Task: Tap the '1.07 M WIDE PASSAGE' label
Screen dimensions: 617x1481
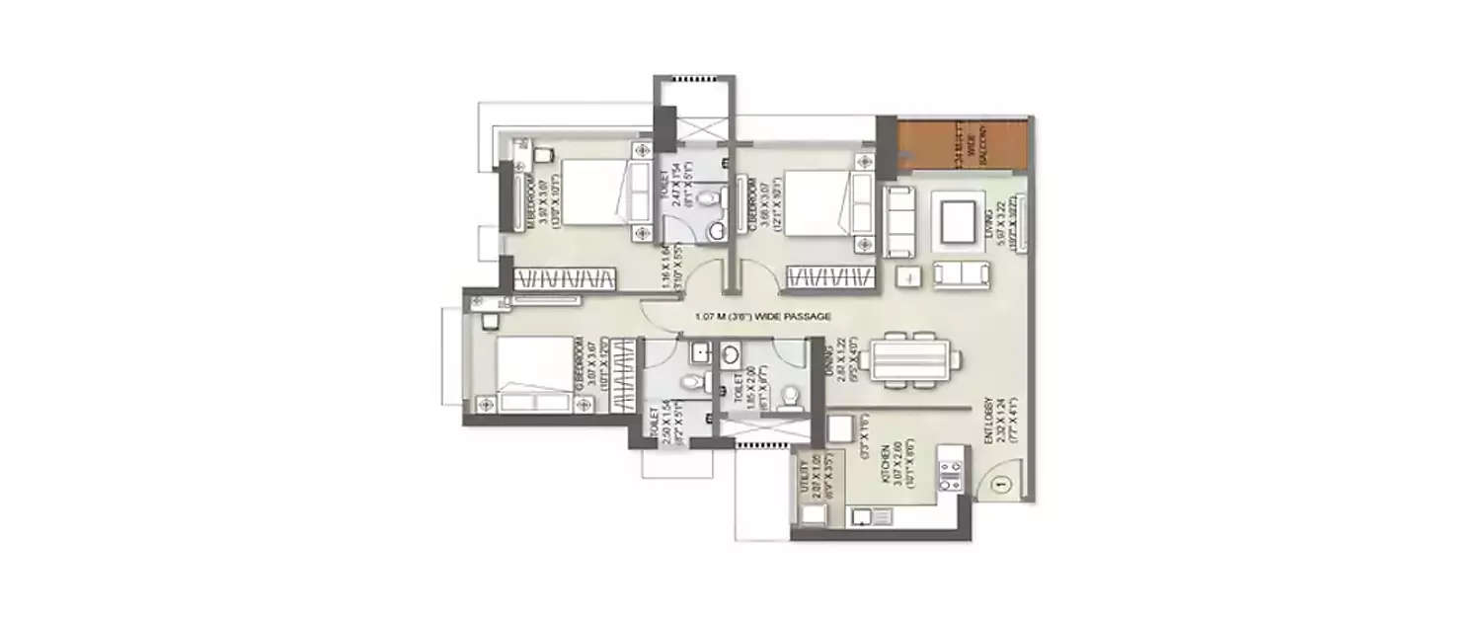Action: coord(763,317)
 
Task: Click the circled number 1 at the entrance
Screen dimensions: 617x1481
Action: coord(999,485)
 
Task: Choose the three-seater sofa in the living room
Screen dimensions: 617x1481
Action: coord(899,221)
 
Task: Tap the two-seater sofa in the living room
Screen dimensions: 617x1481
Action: coord(961,274)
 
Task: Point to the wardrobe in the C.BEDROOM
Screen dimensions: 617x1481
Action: coord(829,279)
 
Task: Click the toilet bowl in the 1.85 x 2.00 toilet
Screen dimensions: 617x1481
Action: coord(790,397)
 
